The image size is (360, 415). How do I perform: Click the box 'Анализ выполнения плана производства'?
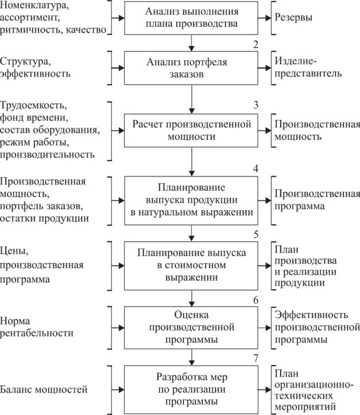[x=191, y=19]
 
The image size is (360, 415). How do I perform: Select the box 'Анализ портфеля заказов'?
[x=191, y=69]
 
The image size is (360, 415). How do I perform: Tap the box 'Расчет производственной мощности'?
[x=191, y=131]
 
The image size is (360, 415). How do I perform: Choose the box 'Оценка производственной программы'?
[x=191, y=327]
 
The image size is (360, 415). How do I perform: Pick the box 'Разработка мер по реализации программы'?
[x=191, y=389]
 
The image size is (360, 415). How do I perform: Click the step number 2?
[x=256, y=45]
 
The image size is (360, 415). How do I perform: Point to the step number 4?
[x=256, y=169]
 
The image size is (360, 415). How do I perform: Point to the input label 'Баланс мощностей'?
[x=44, y=390]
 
